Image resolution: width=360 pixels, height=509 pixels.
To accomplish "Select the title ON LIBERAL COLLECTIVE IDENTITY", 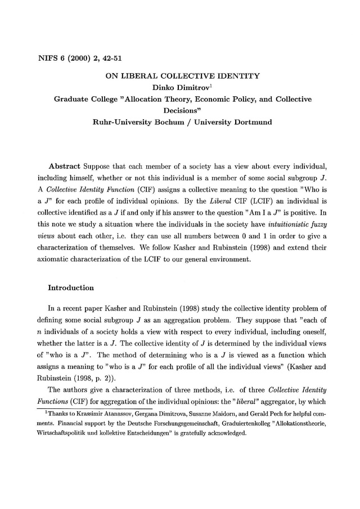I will tap(179, 75).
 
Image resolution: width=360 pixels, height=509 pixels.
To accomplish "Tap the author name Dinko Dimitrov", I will tap(177, 87).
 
